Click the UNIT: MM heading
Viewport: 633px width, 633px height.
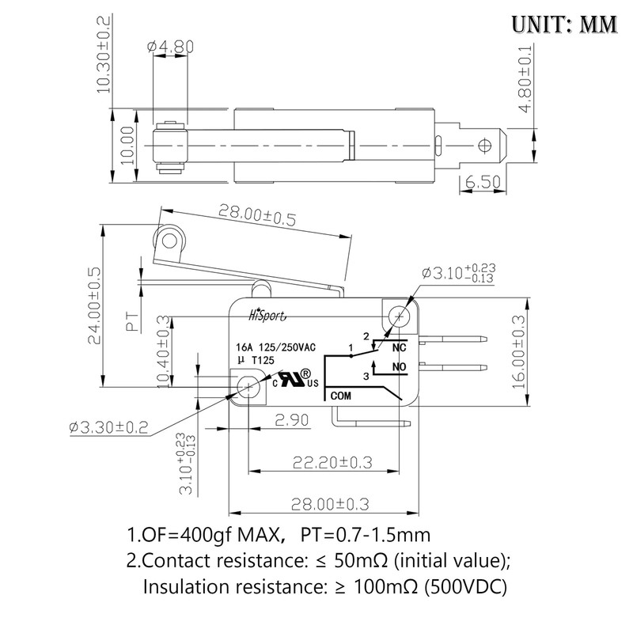pyautogui.click(x=563, y=23)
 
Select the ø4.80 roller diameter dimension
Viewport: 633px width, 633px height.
pyautogui.click(x=170, y=47)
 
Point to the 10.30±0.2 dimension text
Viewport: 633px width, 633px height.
pyautogui.click(x=103, y=54)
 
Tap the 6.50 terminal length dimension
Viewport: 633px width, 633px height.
pyautogui.click(x=483, y=183)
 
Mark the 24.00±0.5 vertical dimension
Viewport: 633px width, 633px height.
pyautogui.click(x=94, y=305)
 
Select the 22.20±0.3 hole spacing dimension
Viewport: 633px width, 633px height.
pyautogui.click(x=334, y=461)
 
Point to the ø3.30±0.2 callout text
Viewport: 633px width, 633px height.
pyautogui.click(x=110, y=427)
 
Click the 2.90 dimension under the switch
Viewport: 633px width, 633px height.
pyautogui.click(x=291, y=420)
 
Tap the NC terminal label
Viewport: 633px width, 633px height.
pyautogui.click(x=399, y=347)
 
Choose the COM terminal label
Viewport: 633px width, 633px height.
pyautogui.click(x=340, y=394)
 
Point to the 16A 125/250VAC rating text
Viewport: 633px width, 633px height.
pyautogui.click(x=275, y=347)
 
